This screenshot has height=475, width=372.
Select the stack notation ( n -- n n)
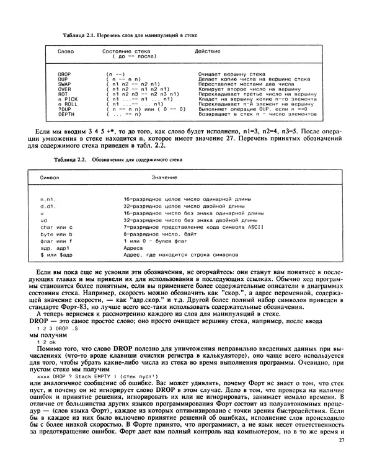click(x=124, y=79)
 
